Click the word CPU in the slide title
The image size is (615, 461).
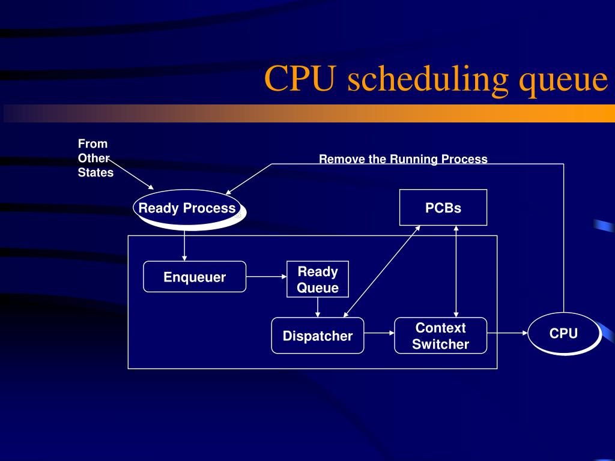(x=298, y=79)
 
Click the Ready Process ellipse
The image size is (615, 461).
(x=187, y=208)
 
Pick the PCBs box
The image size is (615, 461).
(x=443, y=208)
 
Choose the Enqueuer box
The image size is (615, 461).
(x=195, y=277)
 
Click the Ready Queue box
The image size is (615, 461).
(x=318, y=280)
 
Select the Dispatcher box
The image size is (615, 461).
(x=318, y=336)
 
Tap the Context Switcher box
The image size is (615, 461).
(x=440, y=336)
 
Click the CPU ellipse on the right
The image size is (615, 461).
(x=563, y=333)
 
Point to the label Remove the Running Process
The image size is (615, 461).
(x=403, y=159)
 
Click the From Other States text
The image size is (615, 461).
(x=95, y=158)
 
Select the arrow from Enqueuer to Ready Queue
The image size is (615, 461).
(x=267, y=277)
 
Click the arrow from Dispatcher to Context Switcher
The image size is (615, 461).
(x=379, y=332)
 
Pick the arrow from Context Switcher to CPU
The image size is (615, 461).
(x=507, y=332)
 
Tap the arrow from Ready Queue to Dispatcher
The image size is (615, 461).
(x=318, y=307)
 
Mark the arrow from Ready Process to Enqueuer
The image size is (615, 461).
(x=184, y=244)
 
